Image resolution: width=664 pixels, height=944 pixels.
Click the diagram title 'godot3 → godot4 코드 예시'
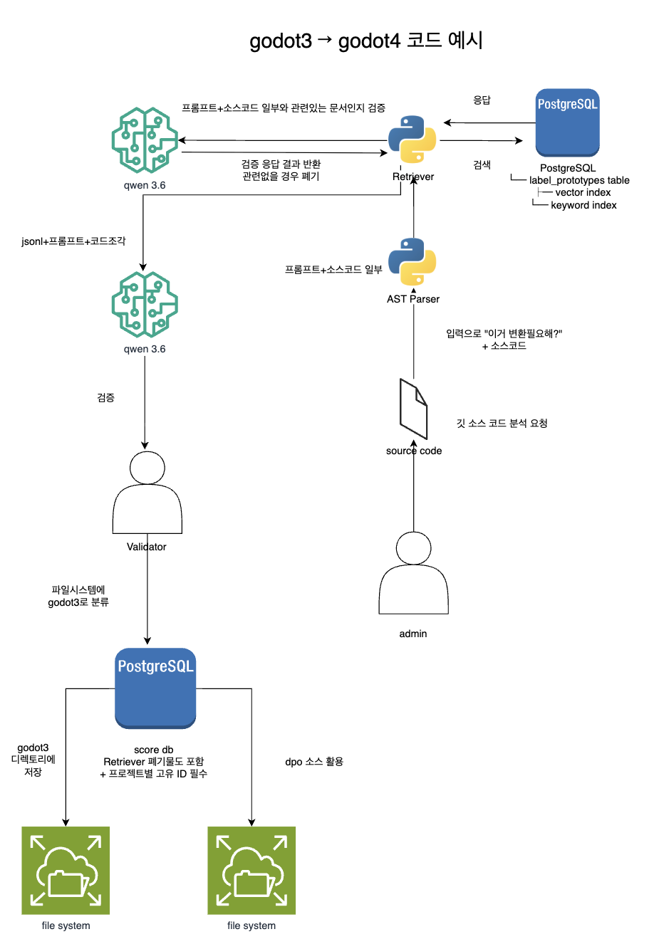pos(365,41)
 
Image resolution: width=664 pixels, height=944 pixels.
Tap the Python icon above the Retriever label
pos(413,139)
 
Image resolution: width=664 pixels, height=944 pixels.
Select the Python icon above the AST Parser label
pos(413,262)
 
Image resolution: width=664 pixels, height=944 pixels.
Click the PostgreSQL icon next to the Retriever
pos(567,122)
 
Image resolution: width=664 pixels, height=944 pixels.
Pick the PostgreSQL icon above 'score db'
pos(155,688)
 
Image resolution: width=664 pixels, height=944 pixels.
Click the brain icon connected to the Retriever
pos(145,140)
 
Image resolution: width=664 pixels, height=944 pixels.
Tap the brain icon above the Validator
pos(145,304)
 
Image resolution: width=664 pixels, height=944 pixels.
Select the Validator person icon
pos(147,492)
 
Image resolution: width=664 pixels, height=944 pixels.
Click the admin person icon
pos(413,572)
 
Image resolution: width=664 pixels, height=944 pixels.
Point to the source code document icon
pos(413,409)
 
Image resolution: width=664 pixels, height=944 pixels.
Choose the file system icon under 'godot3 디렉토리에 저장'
pos(66,870)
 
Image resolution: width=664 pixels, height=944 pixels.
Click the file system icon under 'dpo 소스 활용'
pos(251,870)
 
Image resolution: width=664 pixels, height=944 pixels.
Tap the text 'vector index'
pos(583,193)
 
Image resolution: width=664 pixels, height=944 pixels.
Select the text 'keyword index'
pos(583,205)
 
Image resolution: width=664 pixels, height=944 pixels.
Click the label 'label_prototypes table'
pos(579,180)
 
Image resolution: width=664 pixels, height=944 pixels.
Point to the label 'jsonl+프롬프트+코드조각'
pos(73,241)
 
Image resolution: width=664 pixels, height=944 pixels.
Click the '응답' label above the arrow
pos(482,100)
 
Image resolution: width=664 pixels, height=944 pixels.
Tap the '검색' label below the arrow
pos(482,164)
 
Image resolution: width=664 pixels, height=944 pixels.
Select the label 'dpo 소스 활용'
pos(314,762)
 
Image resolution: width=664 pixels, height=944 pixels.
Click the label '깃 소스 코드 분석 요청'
pos(502,423)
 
